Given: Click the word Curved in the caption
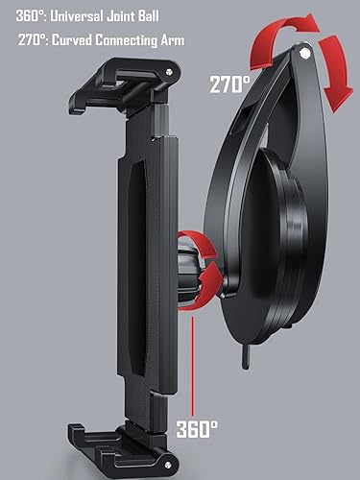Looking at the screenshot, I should click(82, 41).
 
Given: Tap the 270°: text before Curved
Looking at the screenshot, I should click(36, 41).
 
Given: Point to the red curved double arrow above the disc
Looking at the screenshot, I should click(288, 53).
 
